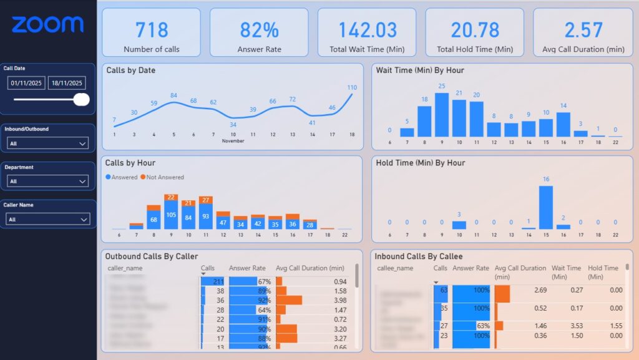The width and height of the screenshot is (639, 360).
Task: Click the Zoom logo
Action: tap(47, 25)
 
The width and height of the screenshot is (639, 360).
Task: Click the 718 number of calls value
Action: tap(152, 29)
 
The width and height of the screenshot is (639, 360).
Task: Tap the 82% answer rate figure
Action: tap(259, 29)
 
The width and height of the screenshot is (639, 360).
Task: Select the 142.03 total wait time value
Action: tap(367, 29)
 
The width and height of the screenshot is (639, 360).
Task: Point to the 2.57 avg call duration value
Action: tap(583, 29)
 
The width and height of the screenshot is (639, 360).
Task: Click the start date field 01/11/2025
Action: tap(26, 83)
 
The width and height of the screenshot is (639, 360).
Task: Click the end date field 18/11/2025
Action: tap(67, 83)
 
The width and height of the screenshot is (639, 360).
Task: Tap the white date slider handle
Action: tap(81, 99)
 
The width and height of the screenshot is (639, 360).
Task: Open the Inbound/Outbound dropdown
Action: tap(48, 144)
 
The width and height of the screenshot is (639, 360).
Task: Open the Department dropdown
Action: tap(48, 182)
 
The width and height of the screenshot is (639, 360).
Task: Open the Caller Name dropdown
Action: tap(48, 220)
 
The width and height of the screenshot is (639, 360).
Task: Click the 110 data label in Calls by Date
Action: tap(351, 87)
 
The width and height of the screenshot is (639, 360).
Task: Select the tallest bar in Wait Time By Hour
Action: tap(442, 115)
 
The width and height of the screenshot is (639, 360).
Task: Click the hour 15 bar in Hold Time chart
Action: tap(545, 207)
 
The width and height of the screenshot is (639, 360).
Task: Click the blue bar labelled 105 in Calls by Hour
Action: tap(171, 215)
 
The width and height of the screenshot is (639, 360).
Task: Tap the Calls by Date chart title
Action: tap(130, 71)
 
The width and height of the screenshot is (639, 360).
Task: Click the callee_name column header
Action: tap(395, 268)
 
